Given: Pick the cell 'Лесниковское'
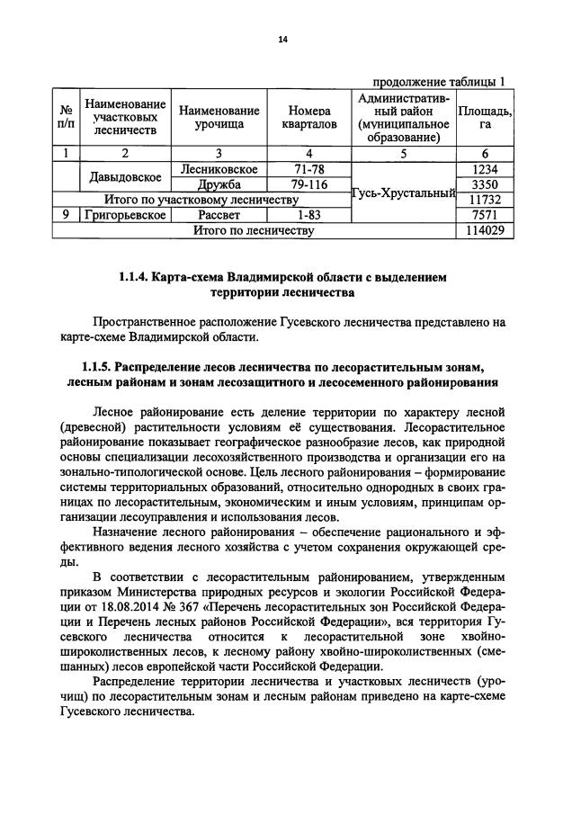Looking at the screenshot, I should point(219,169).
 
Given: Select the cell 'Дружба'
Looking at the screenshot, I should point(219,184).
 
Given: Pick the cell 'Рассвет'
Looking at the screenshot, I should point(219,215).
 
